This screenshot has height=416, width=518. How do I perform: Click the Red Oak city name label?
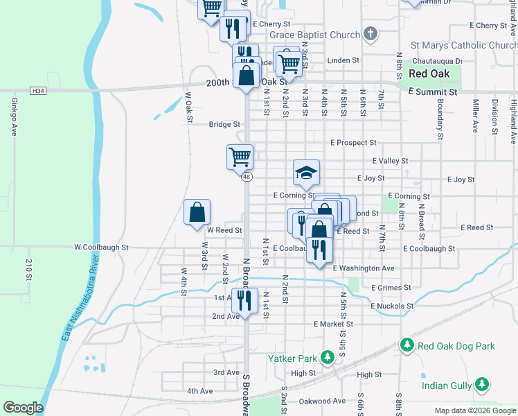(429, 73)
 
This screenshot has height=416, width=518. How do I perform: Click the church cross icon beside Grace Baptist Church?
(370, 34)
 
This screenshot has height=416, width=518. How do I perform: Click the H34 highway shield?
(38, 91)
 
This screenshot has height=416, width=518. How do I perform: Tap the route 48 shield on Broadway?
(247, 177)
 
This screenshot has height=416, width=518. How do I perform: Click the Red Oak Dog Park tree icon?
(407, 345)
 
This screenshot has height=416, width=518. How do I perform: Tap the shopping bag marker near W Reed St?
(197, 211)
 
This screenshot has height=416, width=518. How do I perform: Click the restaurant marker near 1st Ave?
(244, 300)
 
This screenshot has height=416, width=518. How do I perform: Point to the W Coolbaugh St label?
(102, 247)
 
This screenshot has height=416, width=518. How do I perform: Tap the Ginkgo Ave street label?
(14, 116)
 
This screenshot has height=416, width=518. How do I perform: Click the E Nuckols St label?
(392, 306)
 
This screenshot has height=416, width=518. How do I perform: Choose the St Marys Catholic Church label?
(463, 46)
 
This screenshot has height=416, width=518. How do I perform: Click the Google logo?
(23, 408)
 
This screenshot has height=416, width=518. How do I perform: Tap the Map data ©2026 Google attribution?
(474, 410)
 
